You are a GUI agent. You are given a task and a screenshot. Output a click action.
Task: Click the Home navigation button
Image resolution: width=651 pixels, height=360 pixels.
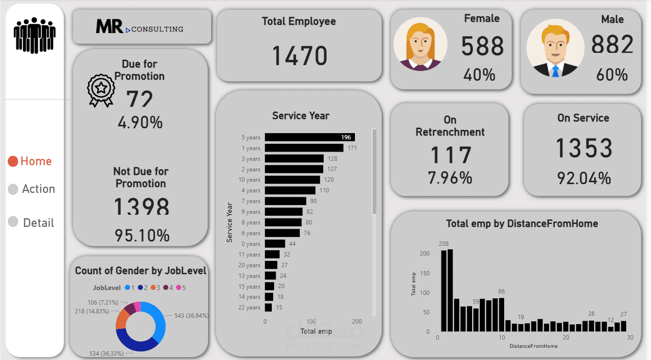click(30, 161)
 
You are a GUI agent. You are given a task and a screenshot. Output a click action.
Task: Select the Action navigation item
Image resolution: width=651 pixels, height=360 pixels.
click(32, 189)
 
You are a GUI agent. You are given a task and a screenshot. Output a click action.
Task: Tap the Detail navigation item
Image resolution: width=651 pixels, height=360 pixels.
click(32, 223)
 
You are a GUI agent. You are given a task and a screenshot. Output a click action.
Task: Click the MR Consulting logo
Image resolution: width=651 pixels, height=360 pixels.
click(140, 28)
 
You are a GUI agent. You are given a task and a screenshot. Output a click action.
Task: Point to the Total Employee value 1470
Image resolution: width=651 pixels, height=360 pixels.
click(299, 55)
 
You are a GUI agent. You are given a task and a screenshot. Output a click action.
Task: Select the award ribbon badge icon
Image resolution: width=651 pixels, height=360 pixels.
click(101, 90)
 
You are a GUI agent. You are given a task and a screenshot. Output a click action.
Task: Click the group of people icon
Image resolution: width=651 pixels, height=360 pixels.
click(35, 35)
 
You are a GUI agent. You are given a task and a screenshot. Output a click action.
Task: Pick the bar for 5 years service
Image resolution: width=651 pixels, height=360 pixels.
click(309, 137)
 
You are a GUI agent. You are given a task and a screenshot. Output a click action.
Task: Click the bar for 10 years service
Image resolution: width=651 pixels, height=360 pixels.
click(292, 180)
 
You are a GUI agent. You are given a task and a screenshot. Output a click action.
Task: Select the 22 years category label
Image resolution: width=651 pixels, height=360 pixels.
click(249, 308)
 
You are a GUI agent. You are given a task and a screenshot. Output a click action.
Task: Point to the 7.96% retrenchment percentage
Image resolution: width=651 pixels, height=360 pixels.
click(450, 178)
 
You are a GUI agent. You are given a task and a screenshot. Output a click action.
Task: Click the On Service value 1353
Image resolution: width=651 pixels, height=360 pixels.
click(583, 148)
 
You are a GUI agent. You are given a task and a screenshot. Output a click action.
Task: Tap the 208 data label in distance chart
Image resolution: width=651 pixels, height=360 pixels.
click(443, 243)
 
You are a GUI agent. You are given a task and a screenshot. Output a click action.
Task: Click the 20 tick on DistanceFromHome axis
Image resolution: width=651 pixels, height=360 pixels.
click(566, 338)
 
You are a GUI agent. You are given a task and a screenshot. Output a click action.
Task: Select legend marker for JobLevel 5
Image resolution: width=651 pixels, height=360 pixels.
click(178, 288)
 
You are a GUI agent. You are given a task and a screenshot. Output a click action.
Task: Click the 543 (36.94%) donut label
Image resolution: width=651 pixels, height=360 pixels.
click(192, 315)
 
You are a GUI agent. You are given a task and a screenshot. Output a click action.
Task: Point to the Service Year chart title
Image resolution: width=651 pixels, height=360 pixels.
click(300, 116)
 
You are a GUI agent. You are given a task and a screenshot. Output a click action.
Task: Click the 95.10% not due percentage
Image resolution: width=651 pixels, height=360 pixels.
click(142, 236)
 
